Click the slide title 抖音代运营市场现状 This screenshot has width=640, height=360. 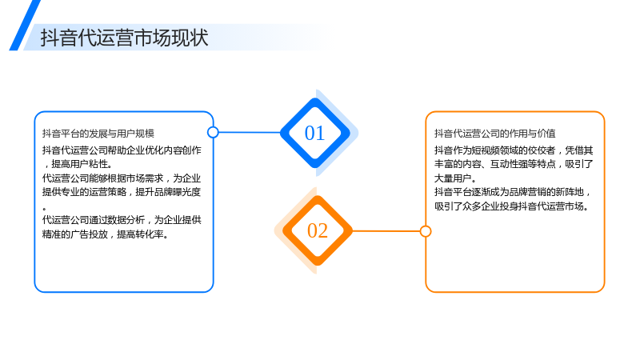pos(125,38)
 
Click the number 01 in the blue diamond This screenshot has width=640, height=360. pos(314,133)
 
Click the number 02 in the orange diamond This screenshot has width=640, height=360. pos(318,230)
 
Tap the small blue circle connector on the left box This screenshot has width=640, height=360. pos(213,132)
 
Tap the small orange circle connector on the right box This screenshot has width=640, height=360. pos(426,231)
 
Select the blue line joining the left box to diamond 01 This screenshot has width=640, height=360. pos(250,132)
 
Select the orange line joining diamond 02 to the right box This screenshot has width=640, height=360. pos(386,231)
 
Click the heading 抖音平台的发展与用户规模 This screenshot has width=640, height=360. pos(98,134)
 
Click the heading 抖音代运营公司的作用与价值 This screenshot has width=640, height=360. pos(494,134)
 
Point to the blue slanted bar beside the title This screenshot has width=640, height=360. pos(25,26)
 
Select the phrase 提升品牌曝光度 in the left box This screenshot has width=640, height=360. pos(168,192)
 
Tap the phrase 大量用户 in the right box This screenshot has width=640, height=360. pos(453,178)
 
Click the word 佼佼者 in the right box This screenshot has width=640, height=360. pos(542,150)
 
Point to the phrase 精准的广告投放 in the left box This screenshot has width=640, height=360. pos(75,234)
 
